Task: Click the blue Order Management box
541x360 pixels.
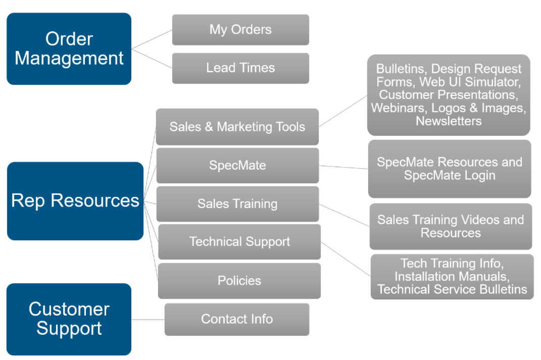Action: coord(69,49)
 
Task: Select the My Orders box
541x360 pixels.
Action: coord(240,30)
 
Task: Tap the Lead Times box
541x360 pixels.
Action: coord(240,68)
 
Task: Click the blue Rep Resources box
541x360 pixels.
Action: coord(75,200)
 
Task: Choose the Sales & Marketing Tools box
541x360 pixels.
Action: coord(237,127)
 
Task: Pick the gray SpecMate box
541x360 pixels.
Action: coord(237,165)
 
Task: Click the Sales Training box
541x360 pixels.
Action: coord(237,204)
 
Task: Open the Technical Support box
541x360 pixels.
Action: coord(239,242)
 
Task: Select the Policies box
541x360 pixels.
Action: coord(239,281)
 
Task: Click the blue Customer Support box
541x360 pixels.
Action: coord(69,319)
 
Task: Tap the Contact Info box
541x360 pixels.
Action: coord(237,319)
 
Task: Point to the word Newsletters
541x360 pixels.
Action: coord(449,121)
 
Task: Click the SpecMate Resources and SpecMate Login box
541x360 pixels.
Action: coord(450,169)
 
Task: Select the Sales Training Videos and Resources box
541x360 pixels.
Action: coord(451,227)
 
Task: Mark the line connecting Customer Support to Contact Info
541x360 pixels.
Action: coord(148,320)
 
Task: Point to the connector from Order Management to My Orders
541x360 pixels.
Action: coord(152,39)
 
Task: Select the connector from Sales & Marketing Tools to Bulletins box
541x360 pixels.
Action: coord(343,111)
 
